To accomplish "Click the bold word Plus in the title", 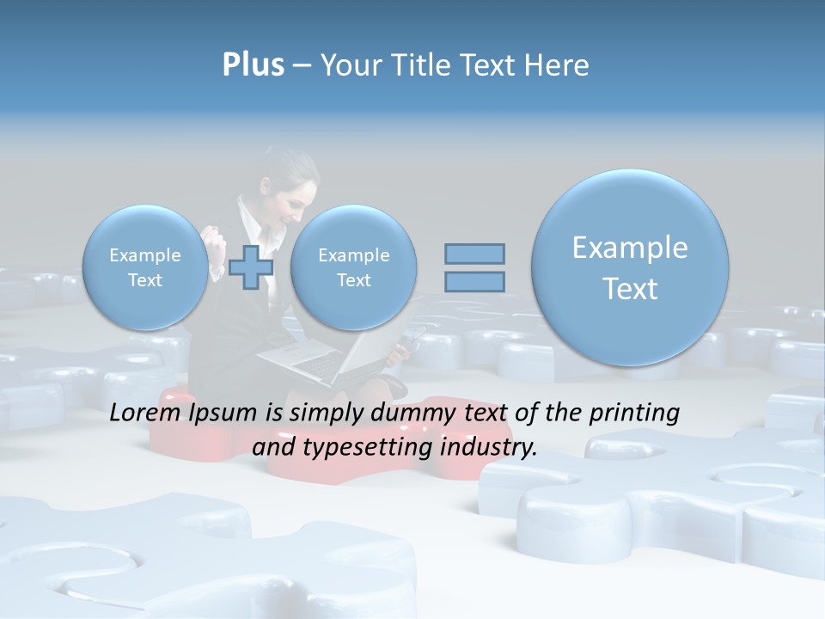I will click(x=253, y=65).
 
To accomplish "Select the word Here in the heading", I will click(x=558, y=65).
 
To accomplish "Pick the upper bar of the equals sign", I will click(x=474, y=254).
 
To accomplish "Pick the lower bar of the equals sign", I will click(x=474, y=281).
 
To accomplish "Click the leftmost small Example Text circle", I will click(x=145, y=267).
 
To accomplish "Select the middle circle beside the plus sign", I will click(x=353, y=267).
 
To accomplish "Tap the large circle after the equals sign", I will click(x=630, y=267).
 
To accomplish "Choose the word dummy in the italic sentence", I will click(x=396, y=414).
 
